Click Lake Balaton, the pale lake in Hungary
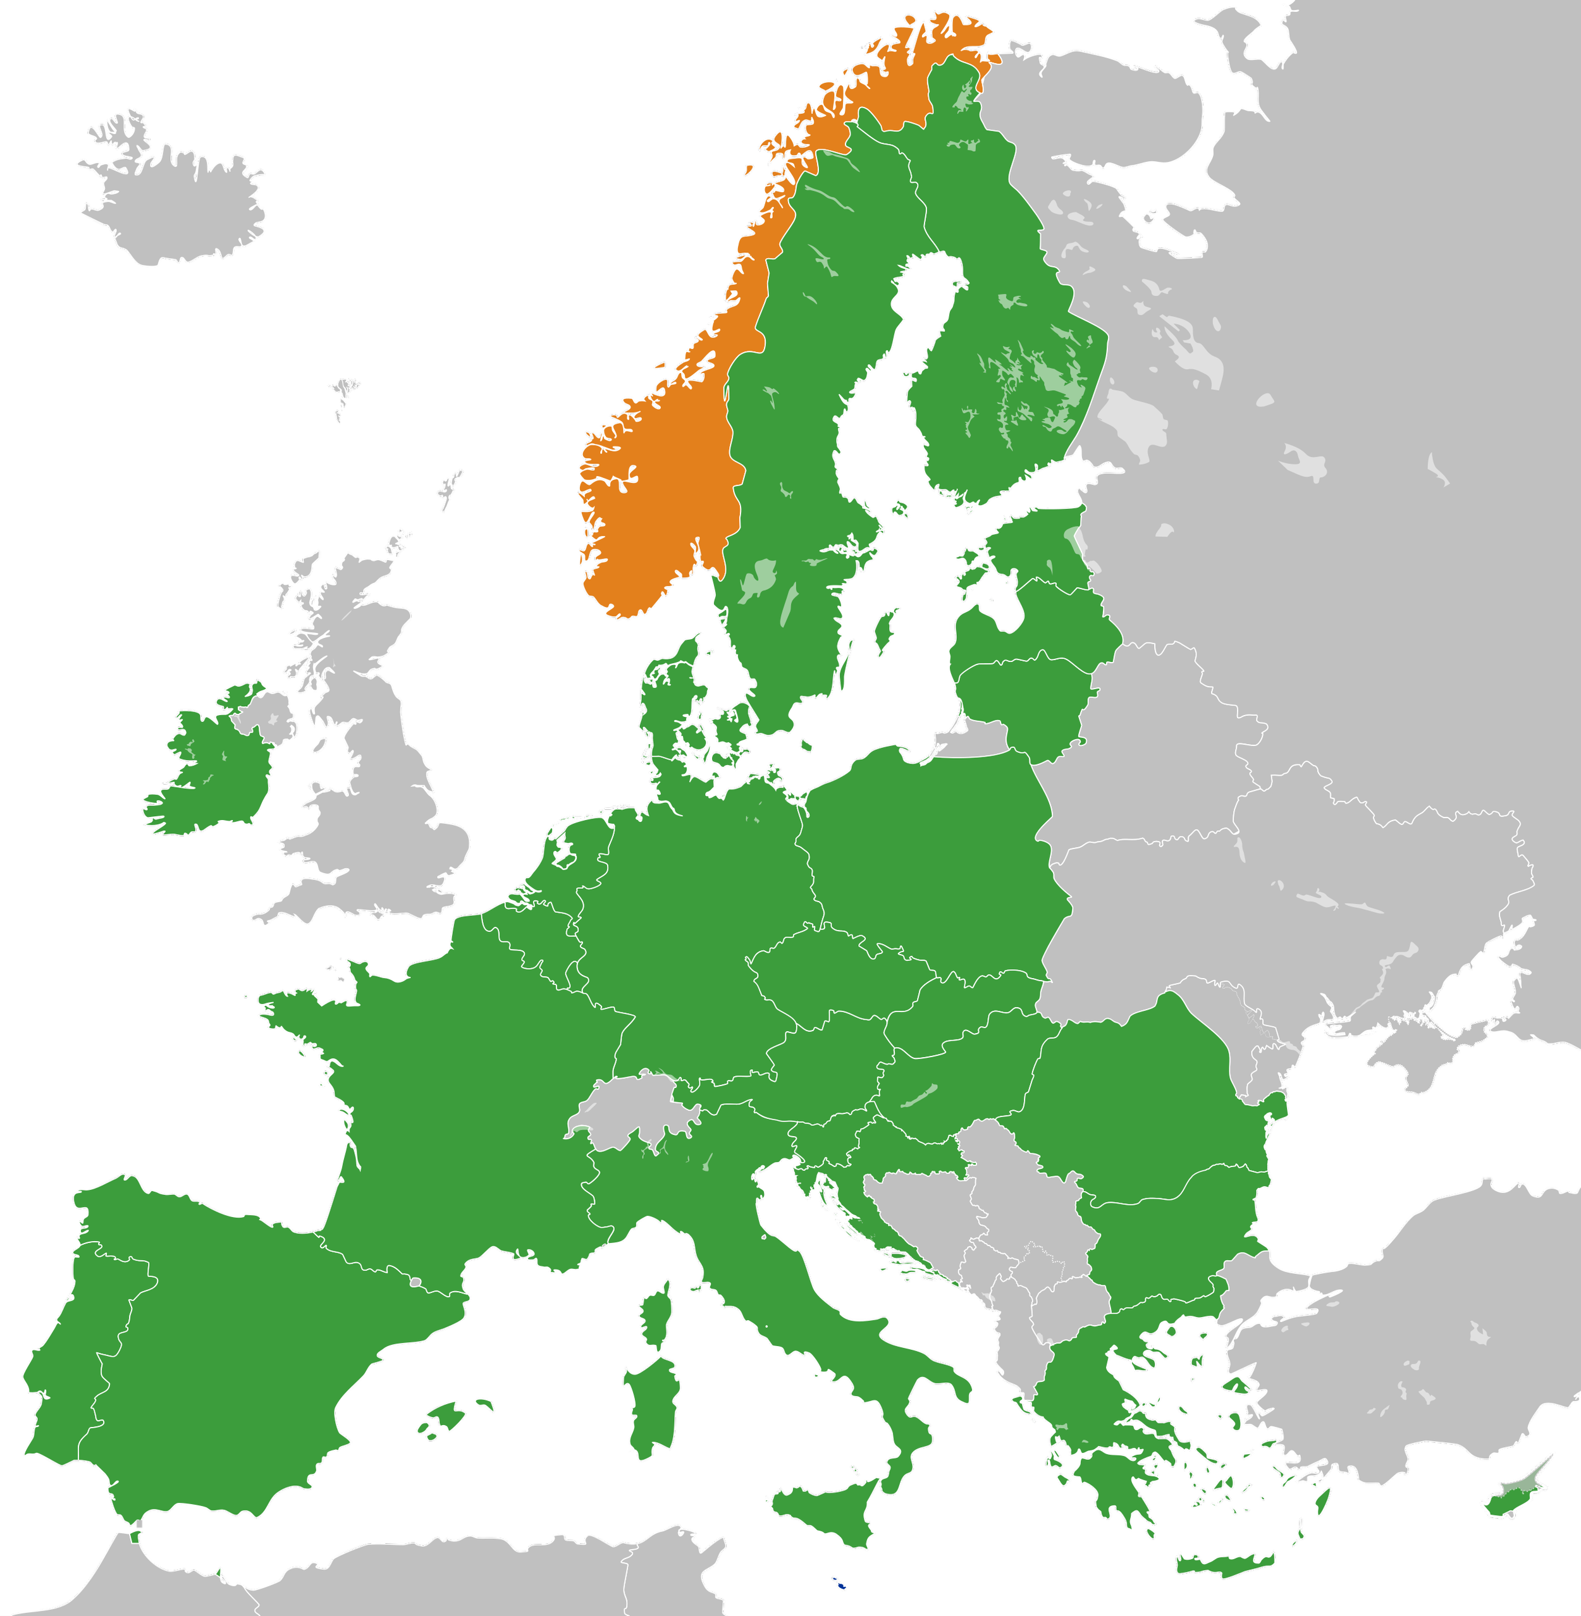918,1096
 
